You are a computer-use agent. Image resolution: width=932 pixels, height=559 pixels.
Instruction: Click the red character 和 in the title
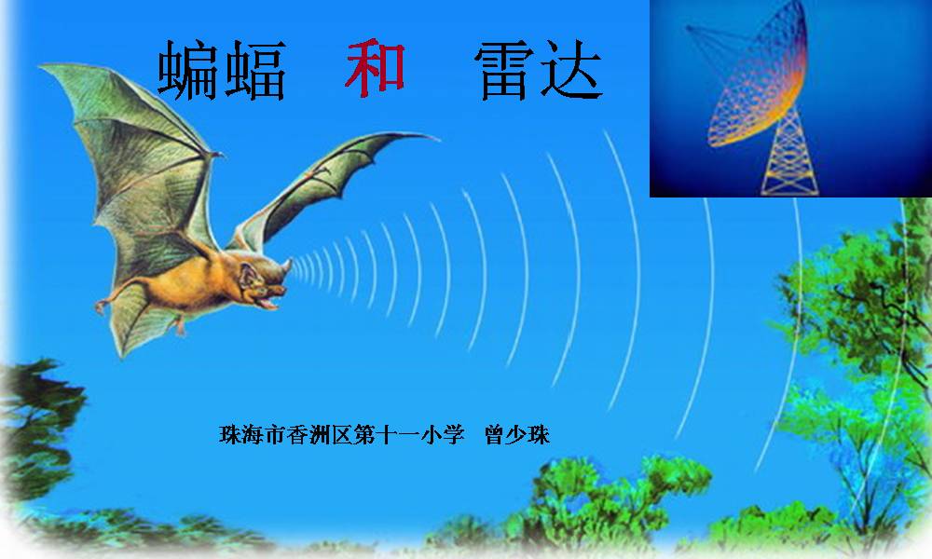[375, 68]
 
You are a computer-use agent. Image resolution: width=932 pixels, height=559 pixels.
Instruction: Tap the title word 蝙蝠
[222, 70]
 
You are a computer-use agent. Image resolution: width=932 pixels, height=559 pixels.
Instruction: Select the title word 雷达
[539, 70]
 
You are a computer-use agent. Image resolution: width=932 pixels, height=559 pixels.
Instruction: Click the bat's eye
[262, 284]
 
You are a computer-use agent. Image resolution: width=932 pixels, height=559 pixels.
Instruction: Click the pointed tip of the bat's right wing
[437, 139]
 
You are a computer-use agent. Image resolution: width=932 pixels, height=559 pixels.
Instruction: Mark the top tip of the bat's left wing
[42, 67]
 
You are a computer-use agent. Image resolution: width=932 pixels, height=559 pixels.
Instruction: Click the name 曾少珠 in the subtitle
[517, 435]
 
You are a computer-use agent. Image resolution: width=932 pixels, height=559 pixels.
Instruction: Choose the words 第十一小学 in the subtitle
[409, 435]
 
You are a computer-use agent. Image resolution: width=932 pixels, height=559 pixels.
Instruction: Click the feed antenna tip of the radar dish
[690, 28]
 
